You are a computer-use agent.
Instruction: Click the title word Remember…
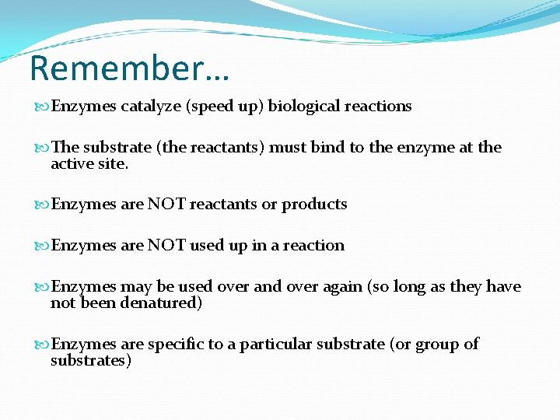pyautogui.click(x=129, y=68)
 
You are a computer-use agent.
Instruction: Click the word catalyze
pyautogui.click(x=151, y=107)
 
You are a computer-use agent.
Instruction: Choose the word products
pyautogui.click(x=314, y=205)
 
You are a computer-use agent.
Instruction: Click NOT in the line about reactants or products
pyautogui.click(x=166, y=205)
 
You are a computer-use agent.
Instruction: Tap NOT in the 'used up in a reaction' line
pyautogui.click(x=166, y=246)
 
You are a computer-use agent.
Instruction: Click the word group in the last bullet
pyautogui.click(x=439, y=344)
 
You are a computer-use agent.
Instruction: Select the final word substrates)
pyautogui.click(x=91, y=360)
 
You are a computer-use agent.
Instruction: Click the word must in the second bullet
pyautogui.click(x=289, y=148)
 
